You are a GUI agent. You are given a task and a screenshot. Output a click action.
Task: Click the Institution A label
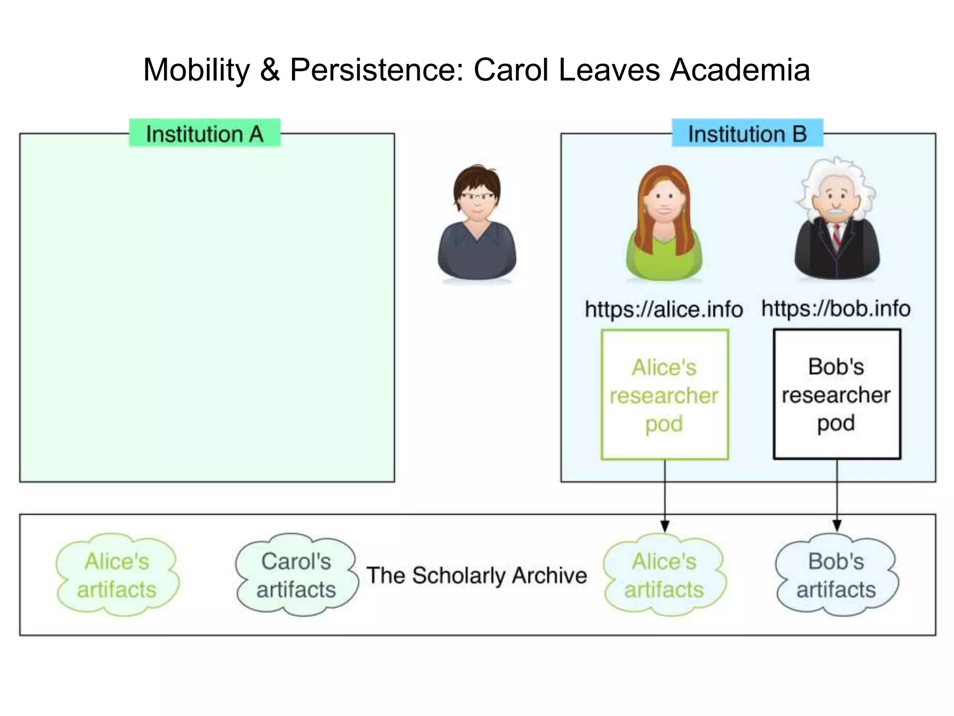click(x=204, y=134)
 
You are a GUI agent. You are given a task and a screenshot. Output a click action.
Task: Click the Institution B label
click(x=747, y=134)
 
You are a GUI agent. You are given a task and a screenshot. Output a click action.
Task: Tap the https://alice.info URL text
click(x=664, y=310)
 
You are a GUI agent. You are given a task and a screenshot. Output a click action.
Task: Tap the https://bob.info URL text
click(x=836, y=309)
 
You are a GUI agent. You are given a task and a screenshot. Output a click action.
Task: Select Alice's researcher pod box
click(x=665, y=395)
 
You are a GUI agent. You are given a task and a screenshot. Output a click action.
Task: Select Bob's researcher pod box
click(x=837, y=394)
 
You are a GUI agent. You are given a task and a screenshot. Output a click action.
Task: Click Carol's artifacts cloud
click(x=296, y=575)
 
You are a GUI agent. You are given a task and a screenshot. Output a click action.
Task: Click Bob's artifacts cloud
click(x=836, y=575)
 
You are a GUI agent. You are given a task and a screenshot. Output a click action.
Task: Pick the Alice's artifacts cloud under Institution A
click(x=117, y=575)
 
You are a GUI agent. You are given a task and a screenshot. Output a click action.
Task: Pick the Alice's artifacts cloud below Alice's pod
click(x=664, y=575)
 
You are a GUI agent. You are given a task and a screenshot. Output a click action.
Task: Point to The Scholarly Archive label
click(x=476, y=575)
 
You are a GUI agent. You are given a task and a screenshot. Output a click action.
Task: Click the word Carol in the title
click(x=511, y=70)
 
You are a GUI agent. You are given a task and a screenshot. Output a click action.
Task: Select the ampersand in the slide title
click(x=270, y=70)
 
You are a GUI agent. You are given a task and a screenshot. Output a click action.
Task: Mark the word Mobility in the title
click(x=197, y=70)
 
